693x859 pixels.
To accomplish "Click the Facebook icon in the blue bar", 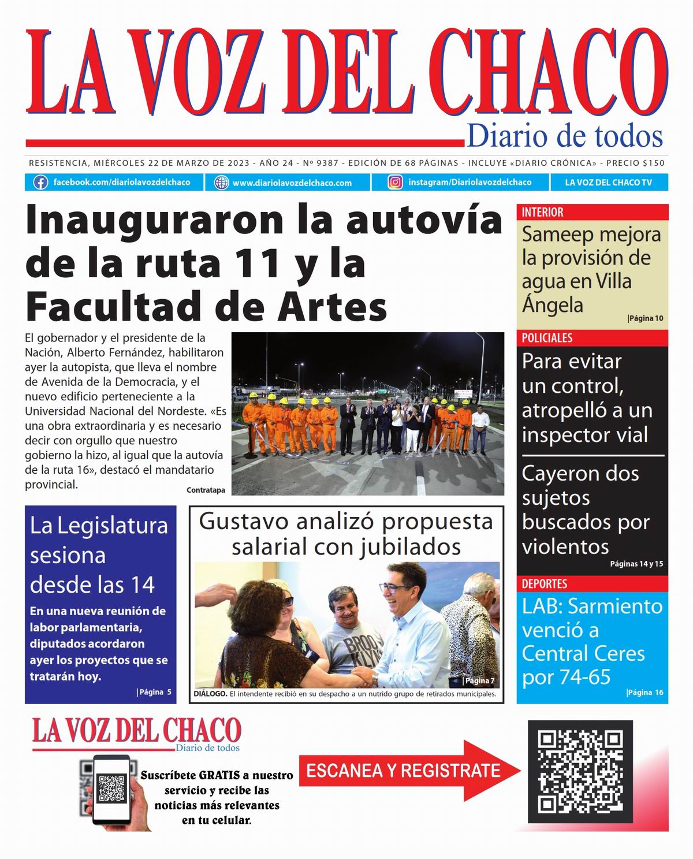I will (40, 183).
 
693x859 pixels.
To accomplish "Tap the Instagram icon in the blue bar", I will (396, 183).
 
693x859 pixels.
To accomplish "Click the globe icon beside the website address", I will (221, 183).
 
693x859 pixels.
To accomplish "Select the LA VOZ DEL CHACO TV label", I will (608, 183).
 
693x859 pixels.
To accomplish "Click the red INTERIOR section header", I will (543, 212).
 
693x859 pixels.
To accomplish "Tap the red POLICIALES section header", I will (547, 338).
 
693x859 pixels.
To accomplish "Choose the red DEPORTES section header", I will (545, 583).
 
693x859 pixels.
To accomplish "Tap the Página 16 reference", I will (645, 693).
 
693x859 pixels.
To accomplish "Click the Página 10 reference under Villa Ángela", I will (645, 318).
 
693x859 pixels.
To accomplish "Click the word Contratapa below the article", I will (206, 490).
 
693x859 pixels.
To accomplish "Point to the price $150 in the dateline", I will (653, 163).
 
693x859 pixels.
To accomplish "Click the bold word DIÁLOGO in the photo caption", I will (210, 694).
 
